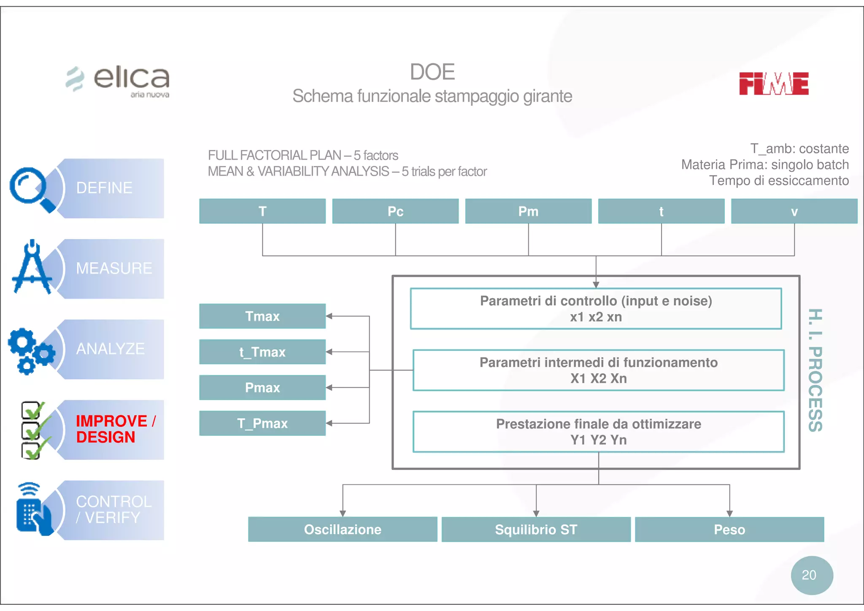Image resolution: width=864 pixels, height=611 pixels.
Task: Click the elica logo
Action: pyautogui.click(x=118, y=80)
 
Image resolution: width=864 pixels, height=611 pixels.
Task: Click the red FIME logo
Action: pyautogui.click(x=773, y=83)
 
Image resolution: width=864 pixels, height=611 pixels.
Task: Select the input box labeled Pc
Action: pyautogui.click(x=395, y=211)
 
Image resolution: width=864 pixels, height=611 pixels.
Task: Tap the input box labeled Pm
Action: pyautogui.click(x=528, y=211)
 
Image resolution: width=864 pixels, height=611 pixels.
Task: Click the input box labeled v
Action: pyautogui.click(x=794, y=211)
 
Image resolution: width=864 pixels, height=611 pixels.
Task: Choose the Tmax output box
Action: pyautogui.click(x=262, y=316)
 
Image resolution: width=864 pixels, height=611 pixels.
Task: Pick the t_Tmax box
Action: pyautogui.click(x=262, y=352)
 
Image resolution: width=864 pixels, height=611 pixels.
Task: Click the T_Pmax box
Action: pyautogui.click(x=262, y=423)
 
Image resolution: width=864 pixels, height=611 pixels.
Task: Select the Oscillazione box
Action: pyautogui.click(x=343, y=530)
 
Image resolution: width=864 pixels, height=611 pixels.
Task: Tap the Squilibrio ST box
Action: pyautogui.click(x=536, y=530)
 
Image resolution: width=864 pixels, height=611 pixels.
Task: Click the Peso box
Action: pyautogui.click(x=729, y=530)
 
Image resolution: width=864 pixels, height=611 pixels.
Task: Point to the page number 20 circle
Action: pyautogui.click(x=811, y=575)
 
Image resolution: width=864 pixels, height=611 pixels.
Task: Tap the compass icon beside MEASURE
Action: pyautogui.click(x=32, y=269)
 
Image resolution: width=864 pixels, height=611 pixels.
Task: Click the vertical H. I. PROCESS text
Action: pyautogui.click(x=815, y=370)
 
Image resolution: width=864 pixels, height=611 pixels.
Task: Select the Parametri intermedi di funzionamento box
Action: pyautogui.click(x=598, y=370)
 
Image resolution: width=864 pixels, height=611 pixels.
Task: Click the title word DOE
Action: pyautogui.click(x=432, y=72)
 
